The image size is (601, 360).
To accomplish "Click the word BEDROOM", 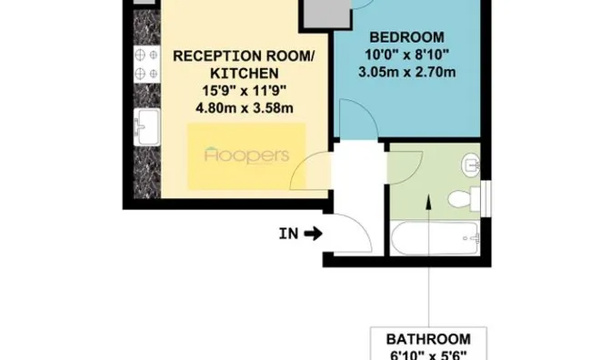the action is [x=406, y=37].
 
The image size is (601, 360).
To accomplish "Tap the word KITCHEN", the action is [x=245, y=74].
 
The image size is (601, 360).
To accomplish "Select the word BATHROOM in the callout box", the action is [x=428, y=339].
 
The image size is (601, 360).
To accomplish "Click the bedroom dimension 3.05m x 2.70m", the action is [x=407, y=72].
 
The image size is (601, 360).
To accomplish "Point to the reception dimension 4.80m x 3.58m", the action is [x=245, y=108].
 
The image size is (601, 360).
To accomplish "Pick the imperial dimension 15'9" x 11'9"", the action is [x=245, y=91].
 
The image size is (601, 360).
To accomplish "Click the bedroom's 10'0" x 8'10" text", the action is [x=406, y=55].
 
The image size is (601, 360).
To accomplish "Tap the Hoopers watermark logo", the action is [x=246, y=155].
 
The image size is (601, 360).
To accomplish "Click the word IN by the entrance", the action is [x=288, y=234].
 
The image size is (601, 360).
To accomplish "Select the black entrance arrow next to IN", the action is [x=313, y=234].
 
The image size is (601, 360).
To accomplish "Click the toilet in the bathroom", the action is [x=465, y=199].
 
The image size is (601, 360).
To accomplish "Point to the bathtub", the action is [x=436, y=238].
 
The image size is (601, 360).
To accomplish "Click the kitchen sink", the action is [x=147, y=126].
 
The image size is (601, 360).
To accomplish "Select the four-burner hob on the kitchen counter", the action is [x=147, y=64].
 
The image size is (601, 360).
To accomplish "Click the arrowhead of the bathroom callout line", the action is [x=428, y=202].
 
